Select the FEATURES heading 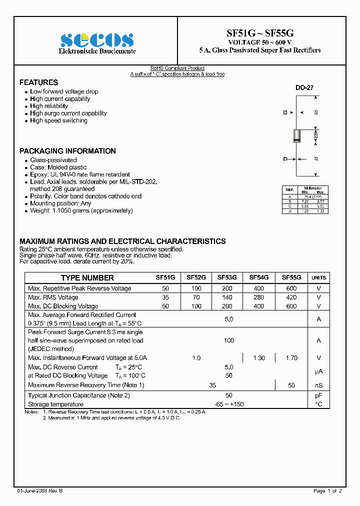click(38, 82)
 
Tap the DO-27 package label click(304, 87)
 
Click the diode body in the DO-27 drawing click(296, 135)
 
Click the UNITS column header click(318, 278)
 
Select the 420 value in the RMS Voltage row click(291, 297)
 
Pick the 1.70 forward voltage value click(291, 358)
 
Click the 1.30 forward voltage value click(259, 358)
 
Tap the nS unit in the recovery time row click(318, 385)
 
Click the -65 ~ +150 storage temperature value click(228, 404)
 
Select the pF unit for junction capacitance click(318, 395)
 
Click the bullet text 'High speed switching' click(58, 120)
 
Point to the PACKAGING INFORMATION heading click(67, 151)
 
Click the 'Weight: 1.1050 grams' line click(81, 210)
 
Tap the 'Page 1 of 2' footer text click(327, 491)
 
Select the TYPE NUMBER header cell click(87, 278)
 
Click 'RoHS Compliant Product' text click(177, 68)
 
